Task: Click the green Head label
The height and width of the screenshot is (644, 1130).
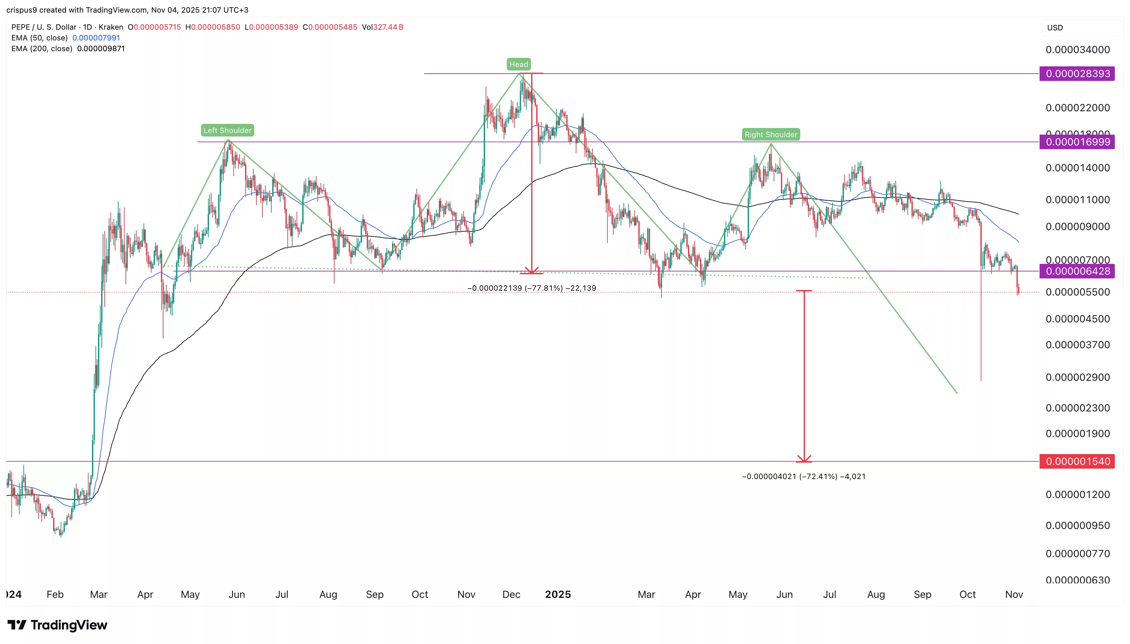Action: tap(519, 64)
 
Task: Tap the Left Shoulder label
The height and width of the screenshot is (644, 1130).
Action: tap(227, 130)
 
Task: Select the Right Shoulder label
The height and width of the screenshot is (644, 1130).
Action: tap(771, 135)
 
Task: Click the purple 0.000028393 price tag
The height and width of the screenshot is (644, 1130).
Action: tap(1077, 73)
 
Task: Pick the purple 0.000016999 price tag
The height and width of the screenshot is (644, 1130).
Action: tap(1077, 142)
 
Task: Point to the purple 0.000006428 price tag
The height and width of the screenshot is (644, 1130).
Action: tap(1077, 271)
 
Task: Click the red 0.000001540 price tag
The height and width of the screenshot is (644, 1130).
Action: tap(1077, 461)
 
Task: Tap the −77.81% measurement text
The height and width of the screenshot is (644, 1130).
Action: tap(531, 288)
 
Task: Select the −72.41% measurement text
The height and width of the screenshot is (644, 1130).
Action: tap(803, 477)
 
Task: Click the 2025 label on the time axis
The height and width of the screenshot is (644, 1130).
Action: tap(558, 594)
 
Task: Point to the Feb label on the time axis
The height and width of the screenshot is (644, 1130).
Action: tap(55, 594)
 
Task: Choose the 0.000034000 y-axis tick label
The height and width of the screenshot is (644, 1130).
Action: tap(1077, 50)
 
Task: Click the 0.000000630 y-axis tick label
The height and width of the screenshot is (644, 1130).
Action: tap(1077, 580)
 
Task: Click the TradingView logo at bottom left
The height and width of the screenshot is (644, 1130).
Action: tap(58, 625)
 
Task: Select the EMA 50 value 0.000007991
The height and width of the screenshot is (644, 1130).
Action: tap(96, 38)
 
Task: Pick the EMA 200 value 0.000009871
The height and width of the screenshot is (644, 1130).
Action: tap(101, 49)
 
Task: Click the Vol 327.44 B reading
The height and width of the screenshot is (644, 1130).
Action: tap(383, 27)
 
